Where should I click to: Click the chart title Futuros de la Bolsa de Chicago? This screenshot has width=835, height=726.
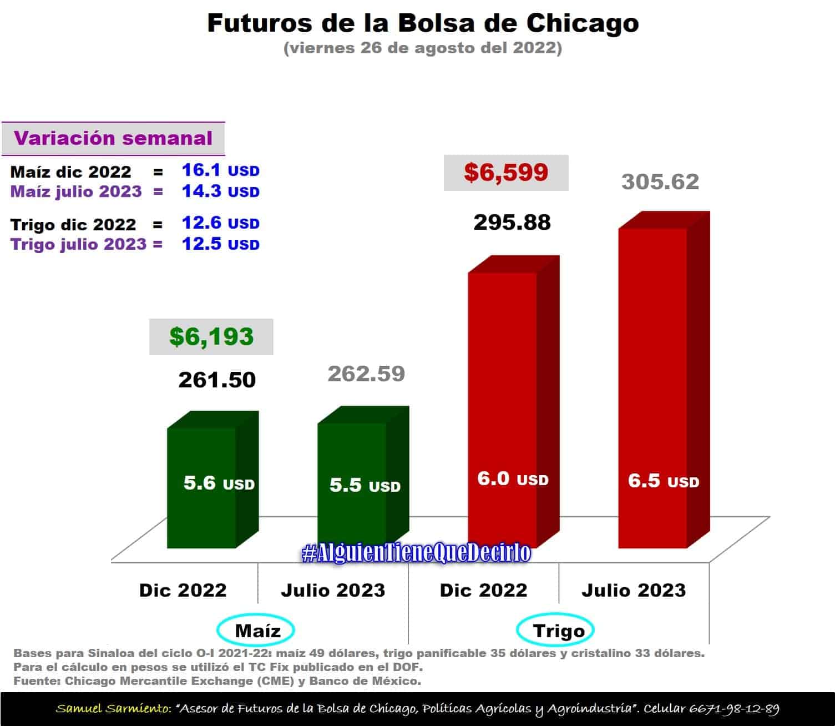pyautogui.click(x=423, y=23)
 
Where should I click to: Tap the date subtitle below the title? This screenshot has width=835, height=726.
pyautogui.click(x=423, y=48)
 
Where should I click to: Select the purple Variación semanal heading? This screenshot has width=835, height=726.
pyautogui.click(x=113, y=138)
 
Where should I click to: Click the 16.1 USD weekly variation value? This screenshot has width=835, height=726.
pyautogui.click(x=220, y=170)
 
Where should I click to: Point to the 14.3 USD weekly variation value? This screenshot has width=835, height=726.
pyautogui.click(x=220, y=191)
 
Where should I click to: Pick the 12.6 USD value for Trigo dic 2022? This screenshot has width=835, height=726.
pyautogui.click(x=220, y=223)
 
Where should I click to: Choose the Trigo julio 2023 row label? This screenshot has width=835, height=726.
pyautogui.click(x=79, y=244)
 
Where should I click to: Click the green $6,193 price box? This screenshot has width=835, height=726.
pyautogui.click(x=211, y=337)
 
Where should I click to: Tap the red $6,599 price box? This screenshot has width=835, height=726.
pyautogui.click(x=506, y=173)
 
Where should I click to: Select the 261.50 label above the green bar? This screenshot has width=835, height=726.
pyautogui.click(x=217, y=380)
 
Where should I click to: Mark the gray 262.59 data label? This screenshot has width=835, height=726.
pyautogui.click(x=366, y=374)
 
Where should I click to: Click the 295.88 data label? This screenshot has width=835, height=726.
pyautogui.click(x=512, y=223)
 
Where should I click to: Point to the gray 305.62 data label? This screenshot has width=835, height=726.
pyautogui.click(x=660, y=182)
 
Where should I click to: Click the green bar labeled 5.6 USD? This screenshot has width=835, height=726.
pyautogui.click(x=202, y=488)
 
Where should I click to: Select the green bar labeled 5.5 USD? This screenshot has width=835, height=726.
pyautogui.click(x=352, y=488)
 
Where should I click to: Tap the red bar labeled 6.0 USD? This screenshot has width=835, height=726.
pyautogui.click(x=503, y=411)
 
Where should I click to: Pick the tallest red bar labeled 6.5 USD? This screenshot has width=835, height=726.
pyautogui.click(x=653, y=389)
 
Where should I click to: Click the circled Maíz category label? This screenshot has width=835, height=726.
pyautogui.click(x=256, y=631)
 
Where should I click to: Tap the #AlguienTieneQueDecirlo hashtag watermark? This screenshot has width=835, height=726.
pyautogui.click(x=416, y=553)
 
